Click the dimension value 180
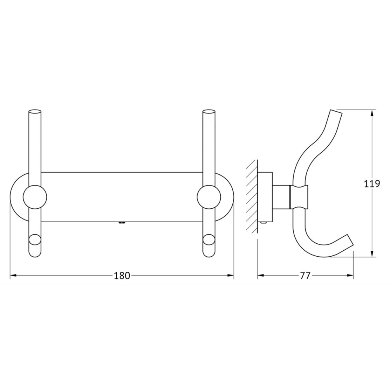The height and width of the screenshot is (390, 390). pos(122,276)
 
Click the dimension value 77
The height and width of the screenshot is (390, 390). pos(305,276)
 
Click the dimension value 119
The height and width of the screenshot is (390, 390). pos(372,184)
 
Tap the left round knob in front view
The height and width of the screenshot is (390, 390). pos(35,197)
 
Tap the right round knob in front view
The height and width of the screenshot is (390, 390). pos(209,197)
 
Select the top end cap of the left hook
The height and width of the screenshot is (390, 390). pos(35,112)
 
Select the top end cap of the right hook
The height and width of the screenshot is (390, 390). pos(209,112)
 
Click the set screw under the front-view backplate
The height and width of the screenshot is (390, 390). pos(121,223)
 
